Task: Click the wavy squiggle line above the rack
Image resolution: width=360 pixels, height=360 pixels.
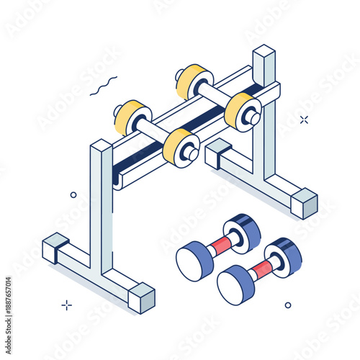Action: (x=103, y=86)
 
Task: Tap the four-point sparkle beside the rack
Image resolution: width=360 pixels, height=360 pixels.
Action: (x=304, y=120)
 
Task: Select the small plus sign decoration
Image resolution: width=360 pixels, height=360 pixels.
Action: (x=66, y=305)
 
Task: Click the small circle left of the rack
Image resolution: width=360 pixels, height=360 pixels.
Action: (x=73, y=194)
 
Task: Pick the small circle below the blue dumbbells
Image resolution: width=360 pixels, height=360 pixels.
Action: (x=288, y=305)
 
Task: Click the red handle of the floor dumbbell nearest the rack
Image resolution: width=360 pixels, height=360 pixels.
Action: (x=222, y=246)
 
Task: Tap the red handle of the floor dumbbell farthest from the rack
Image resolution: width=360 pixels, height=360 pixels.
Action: (x=263, y=269)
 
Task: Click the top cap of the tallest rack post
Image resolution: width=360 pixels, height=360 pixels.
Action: (x=264, y=52)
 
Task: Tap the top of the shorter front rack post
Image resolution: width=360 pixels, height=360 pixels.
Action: (x=101, y=146)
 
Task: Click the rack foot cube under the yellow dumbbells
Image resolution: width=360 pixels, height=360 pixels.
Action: (x=218, y=152)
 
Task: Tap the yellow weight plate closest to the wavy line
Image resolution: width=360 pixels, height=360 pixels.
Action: (x=129, y=117)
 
